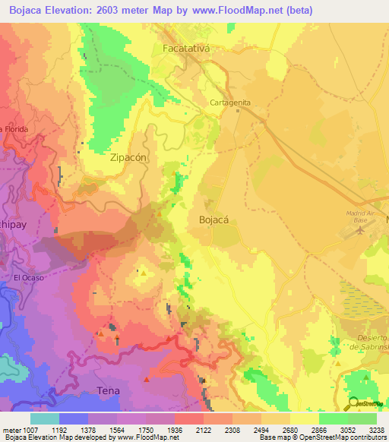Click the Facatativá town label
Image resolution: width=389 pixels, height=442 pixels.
pos(185,49)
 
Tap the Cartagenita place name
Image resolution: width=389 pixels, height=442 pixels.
pos(230,103)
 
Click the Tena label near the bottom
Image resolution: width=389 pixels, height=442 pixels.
pos(109,390)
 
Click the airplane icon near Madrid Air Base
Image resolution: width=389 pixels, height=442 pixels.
pos(359,231)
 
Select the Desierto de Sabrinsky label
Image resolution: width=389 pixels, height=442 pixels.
pos(371,341)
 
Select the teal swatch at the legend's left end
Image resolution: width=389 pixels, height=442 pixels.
pos(45,418)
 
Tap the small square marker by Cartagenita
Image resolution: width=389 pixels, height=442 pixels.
pos(238,110)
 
